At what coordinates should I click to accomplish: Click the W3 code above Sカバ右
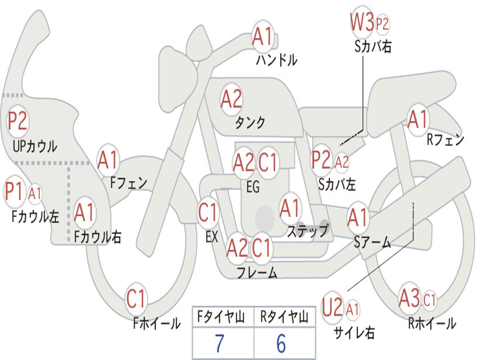[362, 22]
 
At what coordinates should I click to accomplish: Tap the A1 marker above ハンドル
[262, 37]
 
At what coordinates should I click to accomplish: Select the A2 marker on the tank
[231, 99]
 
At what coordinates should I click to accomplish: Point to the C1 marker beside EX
[208, 212]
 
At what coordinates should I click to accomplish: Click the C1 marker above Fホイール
[135, 298]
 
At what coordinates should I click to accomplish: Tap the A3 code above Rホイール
[409, 298]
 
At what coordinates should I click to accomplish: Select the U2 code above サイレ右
[332, 307]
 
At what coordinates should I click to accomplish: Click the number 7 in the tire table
[219, 343]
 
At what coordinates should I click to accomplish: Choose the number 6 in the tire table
[281, 343]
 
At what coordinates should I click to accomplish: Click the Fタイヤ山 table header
[221, 316]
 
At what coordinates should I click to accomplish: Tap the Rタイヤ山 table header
[284, 316]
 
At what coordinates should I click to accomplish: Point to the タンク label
[249, 123]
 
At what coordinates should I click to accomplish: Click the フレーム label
[257, 272]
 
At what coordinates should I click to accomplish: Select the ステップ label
[307, 231]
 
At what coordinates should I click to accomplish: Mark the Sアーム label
[372, 242]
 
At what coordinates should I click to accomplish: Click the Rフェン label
[445, 140]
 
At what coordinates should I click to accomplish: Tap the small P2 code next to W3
[382, 24]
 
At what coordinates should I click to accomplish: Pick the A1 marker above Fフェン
[107, 160]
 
